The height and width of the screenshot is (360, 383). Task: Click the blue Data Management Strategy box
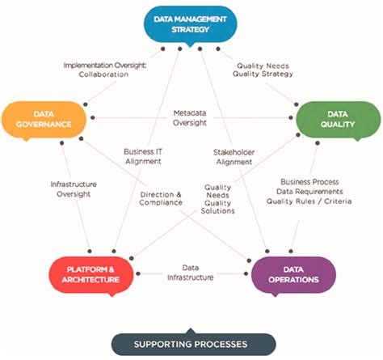click(190, 23)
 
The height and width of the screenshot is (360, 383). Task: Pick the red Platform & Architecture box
click(90, 273)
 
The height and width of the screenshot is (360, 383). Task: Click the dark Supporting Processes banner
click(191, 344)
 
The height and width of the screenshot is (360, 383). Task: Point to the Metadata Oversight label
click(191, 117)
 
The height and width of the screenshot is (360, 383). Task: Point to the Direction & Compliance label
click(161, 200)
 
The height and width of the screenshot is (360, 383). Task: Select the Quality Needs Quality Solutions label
click(219, 198)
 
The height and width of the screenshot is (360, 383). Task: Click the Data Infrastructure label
click(191, 272)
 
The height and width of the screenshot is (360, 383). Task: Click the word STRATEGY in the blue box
click(190, 29)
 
